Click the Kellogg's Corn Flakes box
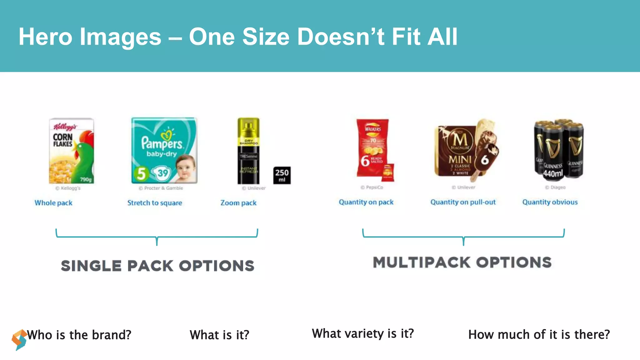click(71, 151)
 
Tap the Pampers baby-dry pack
click(164, 150)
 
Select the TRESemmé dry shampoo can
click(248, 151)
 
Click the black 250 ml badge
click(282, 175)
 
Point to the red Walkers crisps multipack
click(374, 150)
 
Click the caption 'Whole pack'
click(53, 203)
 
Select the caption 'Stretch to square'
click(155, 203)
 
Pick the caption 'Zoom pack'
click(238, 203)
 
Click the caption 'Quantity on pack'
click(366, 202)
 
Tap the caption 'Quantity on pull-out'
click(463, 202)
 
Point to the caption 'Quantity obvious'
click(550, 202)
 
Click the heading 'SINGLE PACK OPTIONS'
click(157, 266)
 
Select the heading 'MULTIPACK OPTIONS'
click(462, 262)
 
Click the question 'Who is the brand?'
click(79, 335)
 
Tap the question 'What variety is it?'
click(363, 334)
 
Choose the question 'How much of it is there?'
click(539, 335)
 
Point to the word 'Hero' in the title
click(45, 37)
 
